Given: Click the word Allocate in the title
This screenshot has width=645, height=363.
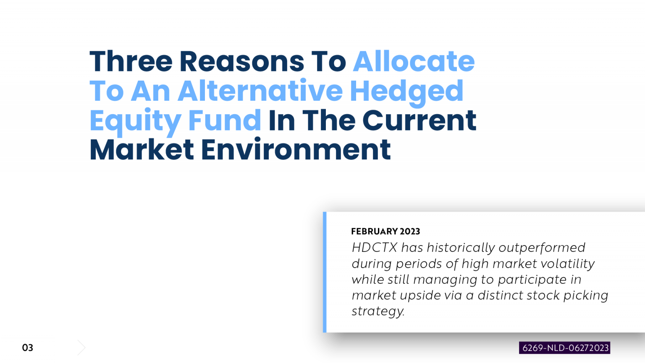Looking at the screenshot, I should (414, 62).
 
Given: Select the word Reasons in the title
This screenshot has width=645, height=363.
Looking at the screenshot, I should (242, 62).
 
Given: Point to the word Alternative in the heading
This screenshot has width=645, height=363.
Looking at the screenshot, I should (260, 91).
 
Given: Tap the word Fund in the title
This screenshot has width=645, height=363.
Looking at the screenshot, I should (224, 120).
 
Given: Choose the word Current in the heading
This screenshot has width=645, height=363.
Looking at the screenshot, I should (419, 120).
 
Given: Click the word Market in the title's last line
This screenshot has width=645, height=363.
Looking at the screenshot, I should (142, 150).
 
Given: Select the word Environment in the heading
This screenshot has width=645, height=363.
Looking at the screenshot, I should (296, 150).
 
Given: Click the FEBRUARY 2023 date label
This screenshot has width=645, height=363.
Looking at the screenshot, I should (385, 231).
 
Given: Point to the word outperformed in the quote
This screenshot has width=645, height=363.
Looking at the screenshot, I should (542, 248).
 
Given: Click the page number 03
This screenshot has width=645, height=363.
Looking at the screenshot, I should (27, 347).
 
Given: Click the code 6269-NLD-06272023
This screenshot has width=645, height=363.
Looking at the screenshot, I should (565, 348).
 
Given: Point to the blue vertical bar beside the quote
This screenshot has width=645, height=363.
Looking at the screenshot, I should (325, 272).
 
